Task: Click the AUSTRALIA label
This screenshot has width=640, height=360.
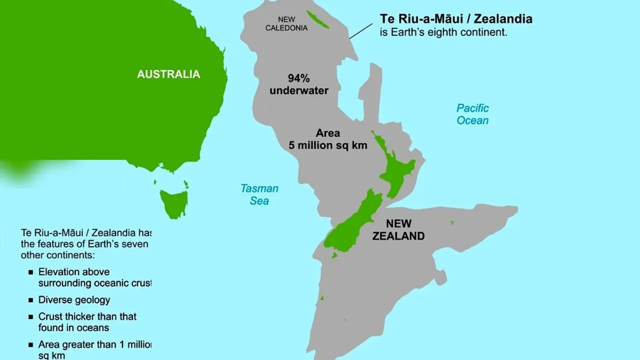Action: click(168, 74)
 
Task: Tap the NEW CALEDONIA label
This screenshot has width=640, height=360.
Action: click(286, 24)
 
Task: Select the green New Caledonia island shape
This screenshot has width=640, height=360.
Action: click(317, 19)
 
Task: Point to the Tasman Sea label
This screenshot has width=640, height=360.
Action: click(259, 194)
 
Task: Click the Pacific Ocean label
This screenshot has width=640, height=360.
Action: click(472, 114)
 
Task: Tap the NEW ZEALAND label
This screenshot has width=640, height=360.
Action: click(398, 229)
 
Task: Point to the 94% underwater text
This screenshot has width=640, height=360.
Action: click(299, 84)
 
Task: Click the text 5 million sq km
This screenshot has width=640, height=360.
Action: click(327, 145)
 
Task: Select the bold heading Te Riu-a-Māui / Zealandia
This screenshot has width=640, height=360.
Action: click(455, 19)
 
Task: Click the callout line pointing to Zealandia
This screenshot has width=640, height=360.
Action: click(360, 31)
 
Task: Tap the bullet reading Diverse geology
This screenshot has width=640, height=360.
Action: click(74, 300)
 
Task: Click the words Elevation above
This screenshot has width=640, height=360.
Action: click(73, 272)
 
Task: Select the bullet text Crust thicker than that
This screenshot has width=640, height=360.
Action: click(87, 316)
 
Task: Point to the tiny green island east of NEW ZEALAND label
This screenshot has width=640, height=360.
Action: click(452, 222)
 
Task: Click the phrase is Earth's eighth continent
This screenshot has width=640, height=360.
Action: click(443, 32)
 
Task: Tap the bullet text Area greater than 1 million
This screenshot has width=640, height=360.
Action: click(94, 344)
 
